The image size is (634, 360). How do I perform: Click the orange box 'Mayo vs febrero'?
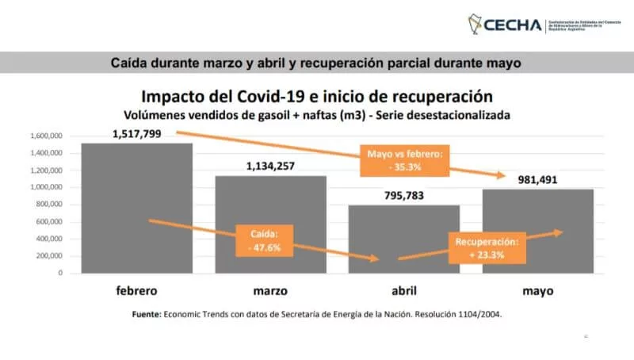click(403, 159)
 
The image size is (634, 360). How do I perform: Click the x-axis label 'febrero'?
click(136, 290)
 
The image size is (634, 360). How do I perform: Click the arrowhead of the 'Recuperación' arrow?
click(560, 232)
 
